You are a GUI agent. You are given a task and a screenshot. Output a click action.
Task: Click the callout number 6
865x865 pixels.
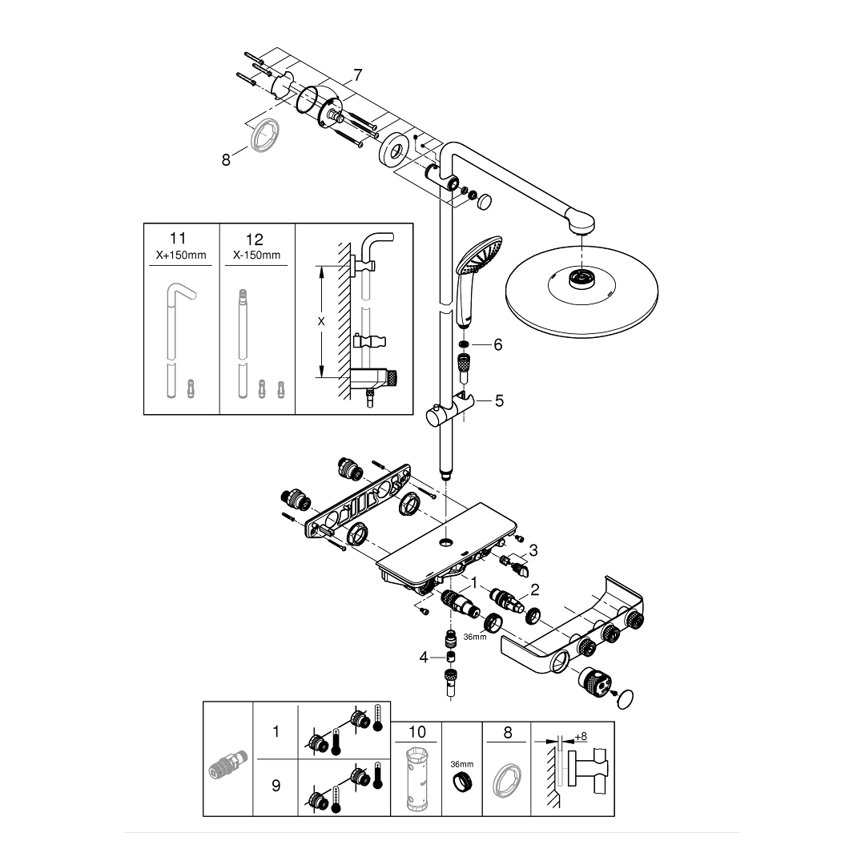pos(497,344)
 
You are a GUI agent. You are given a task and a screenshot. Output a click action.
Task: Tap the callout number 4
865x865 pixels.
pos(424,658)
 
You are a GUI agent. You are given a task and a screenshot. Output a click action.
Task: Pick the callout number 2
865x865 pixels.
pos(535,589)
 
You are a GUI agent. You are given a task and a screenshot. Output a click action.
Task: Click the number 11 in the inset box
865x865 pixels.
pos(178,239)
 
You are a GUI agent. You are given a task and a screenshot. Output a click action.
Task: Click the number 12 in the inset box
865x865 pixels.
pos(255,239)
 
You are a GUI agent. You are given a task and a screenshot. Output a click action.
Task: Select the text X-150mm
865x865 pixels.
pos(256,255)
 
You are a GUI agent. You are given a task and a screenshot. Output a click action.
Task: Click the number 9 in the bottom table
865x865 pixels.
pos(276,787)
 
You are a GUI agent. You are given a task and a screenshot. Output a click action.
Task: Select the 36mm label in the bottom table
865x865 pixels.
pos(461,763)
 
